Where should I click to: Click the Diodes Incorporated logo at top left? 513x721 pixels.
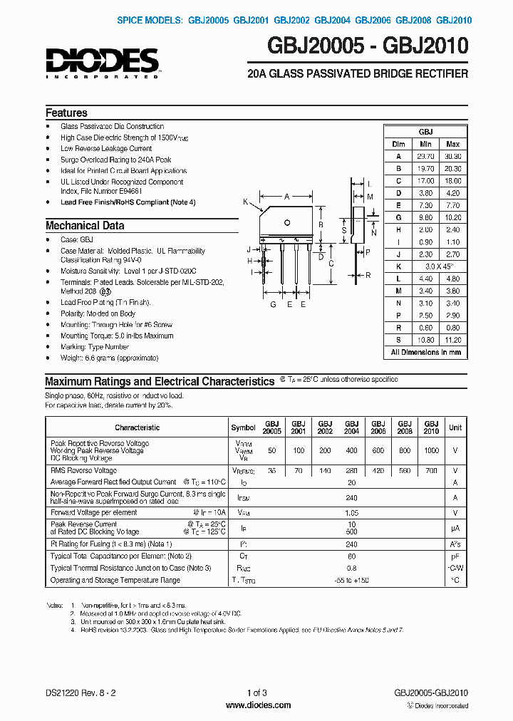pos(103,61)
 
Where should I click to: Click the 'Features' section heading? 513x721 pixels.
pos(66,113)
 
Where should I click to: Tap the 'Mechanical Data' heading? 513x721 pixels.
pos(85,226)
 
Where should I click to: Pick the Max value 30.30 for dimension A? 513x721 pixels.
pos(452,156)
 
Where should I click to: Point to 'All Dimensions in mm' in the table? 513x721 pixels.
pos(426,352)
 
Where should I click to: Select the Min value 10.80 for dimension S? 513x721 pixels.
pos(425,340)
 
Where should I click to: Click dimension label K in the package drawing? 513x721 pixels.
pos(246,202)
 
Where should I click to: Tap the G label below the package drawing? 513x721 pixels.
pos(273,304)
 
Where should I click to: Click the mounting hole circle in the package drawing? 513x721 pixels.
pos(287,222)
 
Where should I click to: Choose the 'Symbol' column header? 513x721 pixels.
pos(243,427)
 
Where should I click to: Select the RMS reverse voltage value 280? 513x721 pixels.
pos(352,471)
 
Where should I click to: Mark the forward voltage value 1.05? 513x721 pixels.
pos(352,512)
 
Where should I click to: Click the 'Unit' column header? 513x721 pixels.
pos(455,427)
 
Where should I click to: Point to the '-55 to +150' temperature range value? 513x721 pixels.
pos(352,581)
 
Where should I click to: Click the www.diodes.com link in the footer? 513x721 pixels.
pos(257,705)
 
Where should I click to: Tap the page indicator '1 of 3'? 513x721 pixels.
pos(256,693)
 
